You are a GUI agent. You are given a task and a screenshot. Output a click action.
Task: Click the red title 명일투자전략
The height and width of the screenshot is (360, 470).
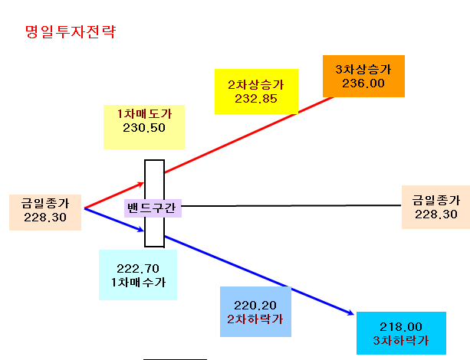[71, 31]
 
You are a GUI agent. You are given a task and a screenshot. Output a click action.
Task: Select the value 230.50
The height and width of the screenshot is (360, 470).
[144, 128]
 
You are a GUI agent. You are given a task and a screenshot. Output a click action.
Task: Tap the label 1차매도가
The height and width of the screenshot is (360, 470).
[144, 114]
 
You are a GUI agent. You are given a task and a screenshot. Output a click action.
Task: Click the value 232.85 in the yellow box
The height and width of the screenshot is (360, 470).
[255, 99]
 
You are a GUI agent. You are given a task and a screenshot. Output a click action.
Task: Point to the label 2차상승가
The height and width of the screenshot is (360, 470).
[255, 85]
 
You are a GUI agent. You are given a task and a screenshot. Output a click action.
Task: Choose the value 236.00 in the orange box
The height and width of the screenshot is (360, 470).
[363, 83]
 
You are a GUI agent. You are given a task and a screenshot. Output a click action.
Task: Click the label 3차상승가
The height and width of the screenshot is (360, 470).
[363, 70]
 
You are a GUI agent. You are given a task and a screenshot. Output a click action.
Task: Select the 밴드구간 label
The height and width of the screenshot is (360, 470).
[151, 208]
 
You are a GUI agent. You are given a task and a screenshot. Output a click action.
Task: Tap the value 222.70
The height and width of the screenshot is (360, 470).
[138, 269]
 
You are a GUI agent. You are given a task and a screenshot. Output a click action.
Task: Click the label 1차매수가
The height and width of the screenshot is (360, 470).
[138, 282]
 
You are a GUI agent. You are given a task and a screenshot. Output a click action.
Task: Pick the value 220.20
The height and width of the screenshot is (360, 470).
[255, 306]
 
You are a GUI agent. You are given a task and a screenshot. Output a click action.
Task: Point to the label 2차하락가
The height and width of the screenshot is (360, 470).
[255, 319]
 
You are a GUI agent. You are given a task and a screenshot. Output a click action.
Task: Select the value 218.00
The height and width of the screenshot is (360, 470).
[401, 327]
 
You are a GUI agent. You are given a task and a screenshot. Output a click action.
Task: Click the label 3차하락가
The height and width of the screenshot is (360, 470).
[401, 341]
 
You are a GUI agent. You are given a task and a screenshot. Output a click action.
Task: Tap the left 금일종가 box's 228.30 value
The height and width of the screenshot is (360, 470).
[45, 218]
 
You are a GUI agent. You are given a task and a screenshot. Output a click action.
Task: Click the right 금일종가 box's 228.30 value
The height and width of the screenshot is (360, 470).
[435, 214]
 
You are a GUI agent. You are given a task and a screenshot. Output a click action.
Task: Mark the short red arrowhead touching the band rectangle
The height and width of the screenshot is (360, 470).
[140, 184]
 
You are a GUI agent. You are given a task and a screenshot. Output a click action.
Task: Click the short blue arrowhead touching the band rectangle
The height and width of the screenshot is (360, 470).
[140, 230]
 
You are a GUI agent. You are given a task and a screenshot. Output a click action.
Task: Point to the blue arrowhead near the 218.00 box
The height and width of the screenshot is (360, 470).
[350, 313]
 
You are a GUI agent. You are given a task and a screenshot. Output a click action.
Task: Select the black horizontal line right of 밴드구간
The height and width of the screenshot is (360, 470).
[291, 206]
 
